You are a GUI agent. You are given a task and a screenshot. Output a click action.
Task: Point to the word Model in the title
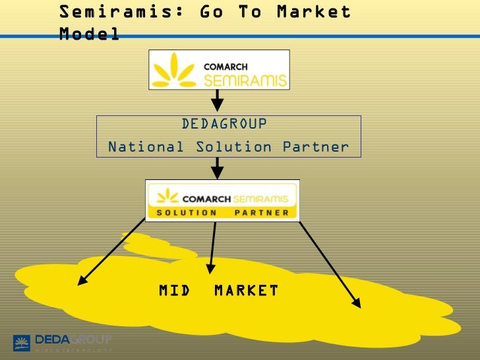(x=89, y=33)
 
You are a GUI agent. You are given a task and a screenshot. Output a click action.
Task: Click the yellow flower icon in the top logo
(x=174, y=71)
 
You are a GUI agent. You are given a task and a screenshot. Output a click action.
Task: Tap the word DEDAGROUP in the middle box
(x=224, y=125)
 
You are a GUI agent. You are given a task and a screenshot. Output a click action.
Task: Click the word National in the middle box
(x=146, y=147)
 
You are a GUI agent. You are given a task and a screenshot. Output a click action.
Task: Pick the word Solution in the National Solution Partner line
(x=233, y=147)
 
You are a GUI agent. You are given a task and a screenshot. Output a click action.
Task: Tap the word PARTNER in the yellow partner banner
(x=262, y=212)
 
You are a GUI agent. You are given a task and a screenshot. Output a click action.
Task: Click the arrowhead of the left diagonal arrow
(x=82, y=282)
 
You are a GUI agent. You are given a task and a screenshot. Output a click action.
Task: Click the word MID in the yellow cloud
(x=175, y=291)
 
